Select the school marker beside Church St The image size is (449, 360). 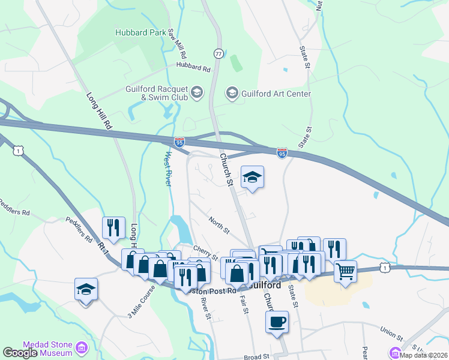tap(253, 178)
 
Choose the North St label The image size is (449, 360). tap(219, 226)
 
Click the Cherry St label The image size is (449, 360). tap(205, 250)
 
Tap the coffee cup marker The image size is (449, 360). tap(277, 322)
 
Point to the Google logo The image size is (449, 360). tap(20, 353)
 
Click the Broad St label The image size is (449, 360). tap(258, 357)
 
